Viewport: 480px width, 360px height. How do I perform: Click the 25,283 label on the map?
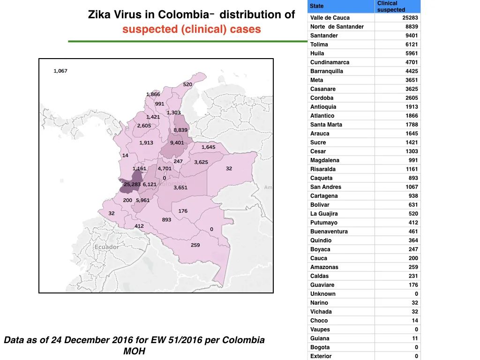pos(132,184)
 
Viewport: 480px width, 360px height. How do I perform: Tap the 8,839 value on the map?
pos(180,130)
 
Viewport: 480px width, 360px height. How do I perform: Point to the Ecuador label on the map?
pos(106,247)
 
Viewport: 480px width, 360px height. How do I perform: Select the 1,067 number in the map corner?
pos(60,71)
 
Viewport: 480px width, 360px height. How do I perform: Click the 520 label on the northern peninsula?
pos(187,84)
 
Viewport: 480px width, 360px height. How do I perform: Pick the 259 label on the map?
pos(195,245)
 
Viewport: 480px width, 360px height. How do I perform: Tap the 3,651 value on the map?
pos(180,187)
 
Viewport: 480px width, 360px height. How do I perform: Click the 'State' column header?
pos(316,6)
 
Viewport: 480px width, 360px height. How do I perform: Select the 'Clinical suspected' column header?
pos(391,7)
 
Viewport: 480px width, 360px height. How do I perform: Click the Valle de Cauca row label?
pos(330,18)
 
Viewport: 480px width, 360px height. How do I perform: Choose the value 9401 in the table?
pos(412,36)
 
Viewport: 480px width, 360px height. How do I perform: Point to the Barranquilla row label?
pos(327,71)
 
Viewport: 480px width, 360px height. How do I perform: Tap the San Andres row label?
pos(325,187)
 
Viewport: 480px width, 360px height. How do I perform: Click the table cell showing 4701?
pos(412,62)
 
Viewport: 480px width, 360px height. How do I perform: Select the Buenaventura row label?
pos(329,232)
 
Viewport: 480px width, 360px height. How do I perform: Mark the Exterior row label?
pos(321,356)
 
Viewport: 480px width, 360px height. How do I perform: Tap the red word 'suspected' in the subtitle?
pos(150,29)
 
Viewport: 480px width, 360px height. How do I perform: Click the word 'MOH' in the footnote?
pos(134,351)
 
